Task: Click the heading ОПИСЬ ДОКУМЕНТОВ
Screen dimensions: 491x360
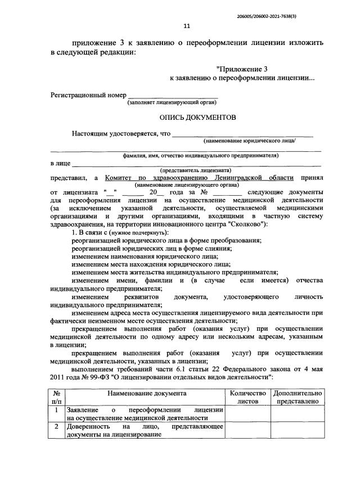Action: pos(194,118)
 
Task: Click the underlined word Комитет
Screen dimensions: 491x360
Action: pos(121,178)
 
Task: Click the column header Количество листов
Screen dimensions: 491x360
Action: pos(247,398)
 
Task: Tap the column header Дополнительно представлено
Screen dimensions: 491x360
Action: pos(298,398)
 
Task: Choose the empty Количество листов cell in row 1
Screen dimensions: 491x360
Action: pos(247,413)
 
